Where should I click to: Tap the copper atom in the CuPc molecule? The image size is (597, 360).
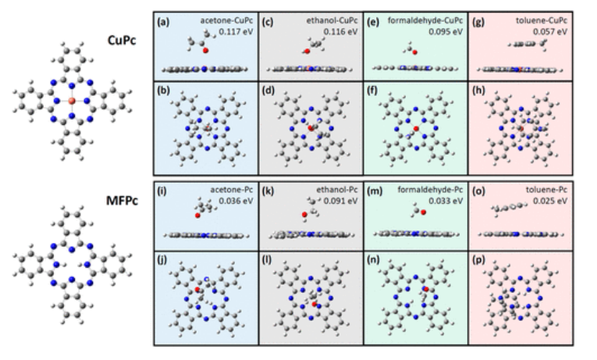pos(70,102)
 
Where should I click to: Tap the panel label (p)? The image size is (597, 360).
pos(481,260)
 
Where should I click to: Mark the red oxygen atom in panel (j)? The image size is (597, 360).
pos(198,290)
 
